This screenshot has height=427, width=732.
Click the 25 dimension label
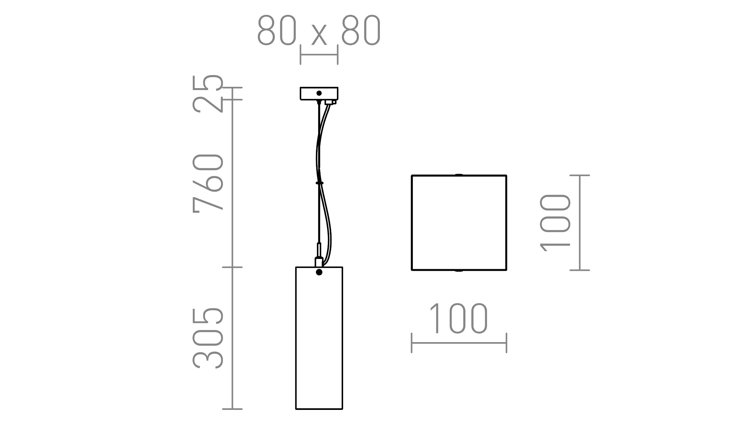coord(208,94)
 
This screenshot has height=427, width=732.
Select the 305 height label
coord(208,338)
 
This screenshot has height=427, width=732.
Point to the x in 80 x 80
coord(319,35)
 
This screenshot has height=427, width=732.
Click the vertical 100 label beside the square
coord(555,223)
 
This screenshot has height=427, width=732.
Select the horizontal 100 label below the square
coord(458,319)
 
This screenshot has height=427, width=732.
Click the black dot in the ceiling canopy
coord(319,93)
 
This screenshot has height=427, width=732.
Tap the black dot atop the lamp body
coord(319,272)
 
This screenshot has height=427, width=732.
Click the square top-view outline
coord(459,223)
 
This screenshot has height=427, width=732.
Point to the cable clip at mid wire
coord(319,183)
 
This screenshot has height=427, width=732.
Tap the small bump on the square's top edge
coord(459,175)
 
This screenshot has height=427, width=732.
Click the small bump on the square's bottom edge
coord(459,270)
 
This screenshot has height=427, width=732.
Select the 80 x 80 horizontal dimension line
coord(319,55)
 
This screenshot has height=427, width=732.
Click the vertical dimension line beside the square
coord(580,223)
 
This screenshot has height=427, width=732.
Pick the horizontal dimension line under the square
coord(459,343)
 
